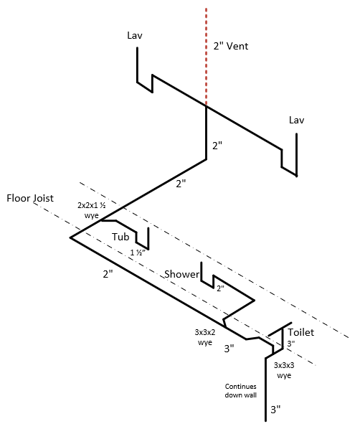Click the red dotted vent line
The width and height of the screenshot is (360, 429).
tap(206, 57)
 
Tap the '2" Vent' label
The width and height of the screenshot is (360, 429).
tap(231, 46)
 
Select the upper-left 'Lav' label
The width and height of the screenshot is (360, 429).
tap(135, 35)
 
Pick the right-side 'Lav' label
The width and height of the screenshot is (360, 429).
tap(297, 120)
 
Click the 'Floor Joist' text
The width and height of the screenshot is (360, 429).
tap(30, 198)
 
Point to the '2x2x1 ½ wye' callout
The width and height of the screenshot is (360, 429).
tap(91, 210)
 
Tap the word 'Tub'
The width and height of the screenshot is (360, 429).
tap(120, 237)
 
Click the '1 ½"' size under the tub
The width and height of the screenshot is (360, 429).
tap(137, 253)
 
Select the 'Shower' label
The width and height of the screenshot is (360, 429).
tap(182, 274)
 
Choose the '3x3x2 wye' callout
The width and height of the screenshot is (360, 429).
tap(205, 337)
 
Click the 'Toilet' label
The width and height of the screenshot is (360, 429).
tap(301, 332)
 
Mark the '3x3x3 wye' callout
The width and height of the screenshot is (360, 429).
tap(284, 370)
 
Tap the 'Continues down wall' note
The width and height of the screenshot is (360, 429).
tap(241, 391)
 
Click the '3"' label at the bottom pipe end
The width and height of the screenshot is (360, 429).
tap(275, 410)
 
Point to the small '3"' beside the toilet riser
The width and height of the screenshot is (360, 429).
tap(290, 344)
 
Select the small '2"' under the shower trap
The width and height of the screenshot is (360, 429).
tap(220, 288)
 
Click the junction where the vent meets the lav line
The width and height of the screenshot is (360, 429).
tap(206, 105)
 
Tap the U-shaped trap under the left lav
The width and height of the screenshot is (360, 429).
tap(144, 87)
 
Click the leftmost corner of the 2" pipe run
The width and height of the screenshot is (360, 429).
tap(70, 237)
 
